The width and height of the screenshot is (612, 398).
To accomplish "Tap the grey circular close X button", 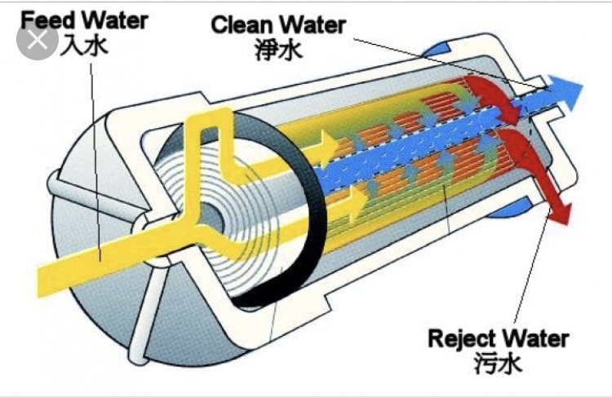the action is point(38,39).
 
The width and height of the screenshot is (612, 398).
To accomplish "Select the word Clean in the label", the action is point(242,24).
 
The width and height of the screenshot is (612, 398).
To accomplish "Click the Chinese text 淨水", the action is point(279,51).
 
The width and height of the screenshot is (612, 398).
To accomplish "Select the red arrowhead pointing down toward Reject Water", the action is point(561,213).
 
